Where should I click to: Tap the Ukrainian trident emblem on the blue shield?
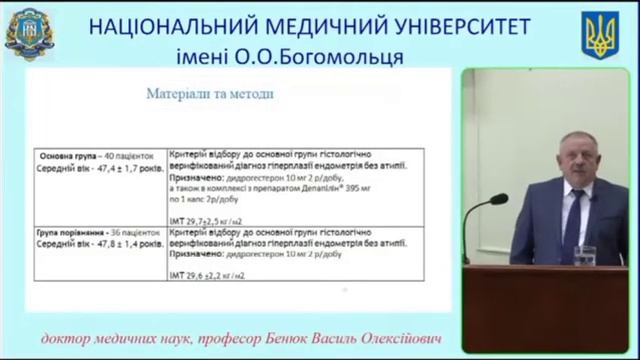[601, 35]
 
